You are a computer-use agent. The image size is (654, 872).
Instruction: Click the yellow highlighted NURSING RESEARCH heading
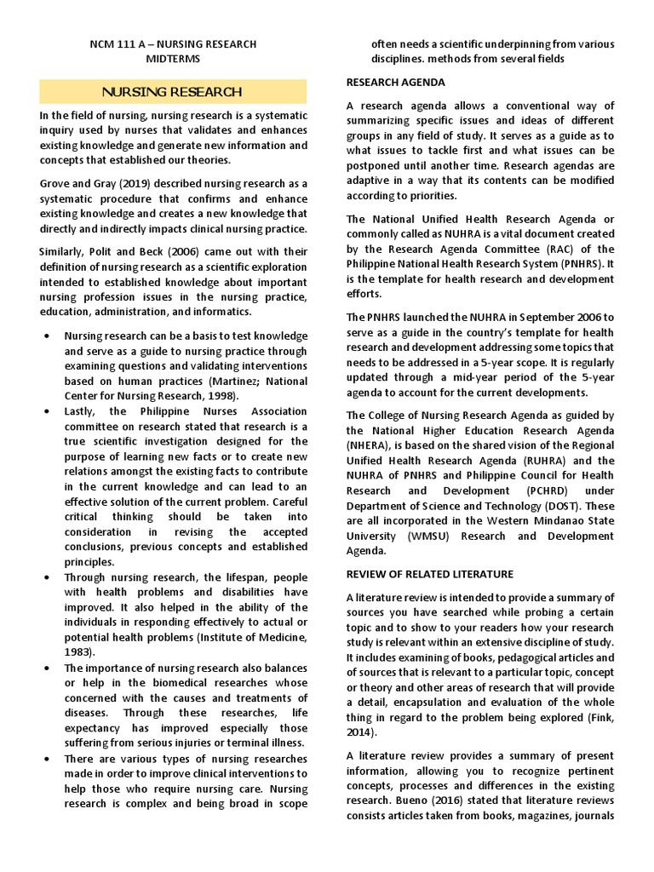(x=172, y=92)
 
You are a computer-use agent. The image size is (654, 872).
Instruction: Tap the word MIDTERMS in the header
(x=174, y=59)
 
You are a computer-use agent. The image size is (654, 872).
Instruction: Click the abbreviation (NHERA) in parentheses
(x=368, y=445)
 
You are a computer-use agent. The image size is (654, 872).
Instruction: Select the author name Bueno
(x=427, y=800)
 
